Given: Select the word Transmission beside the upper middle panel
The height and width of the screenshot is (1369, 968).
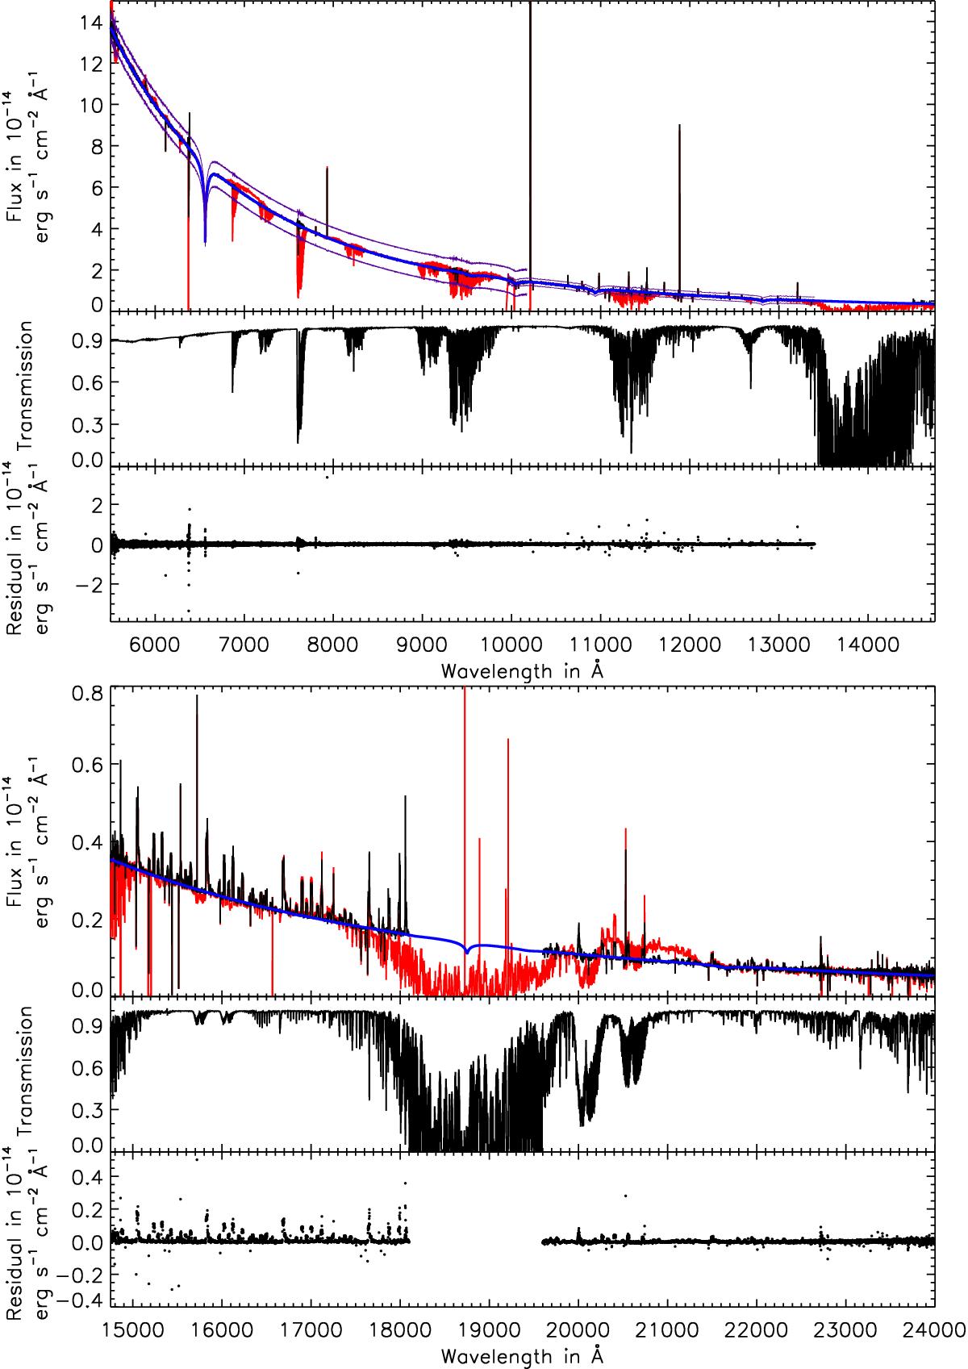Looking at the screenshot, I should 26,387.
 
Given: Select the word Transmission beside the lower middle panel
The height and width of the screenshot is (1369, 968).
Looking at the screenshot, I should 26,1073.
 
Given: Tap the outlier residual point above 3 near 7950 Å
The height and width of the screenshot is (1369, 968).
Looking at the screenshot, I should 327,477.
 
